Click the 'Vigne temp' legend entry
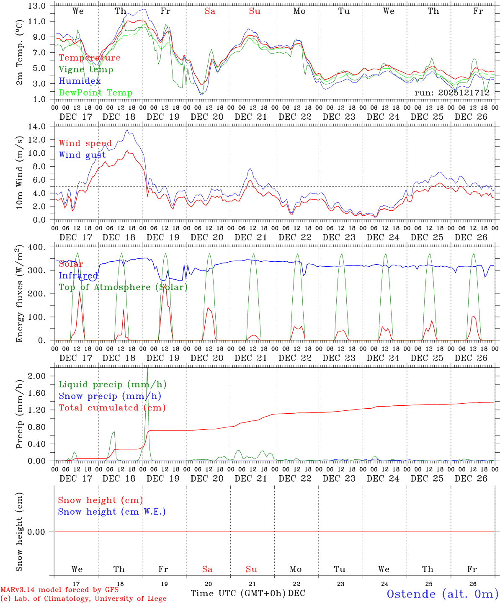click(x=86, y=70)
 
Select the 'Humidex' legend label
click(x=80, y=81)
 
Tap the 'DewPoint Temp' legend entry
click(x=95, y=93)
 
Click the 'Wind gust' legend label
click(x=82, y=155)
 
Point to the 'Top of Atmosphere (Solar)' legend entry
click(x=123, y=287)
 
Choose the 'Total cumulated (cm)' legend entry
click(x=112, y=408)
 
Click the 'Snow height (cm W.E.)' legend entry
click(x=112, y=512)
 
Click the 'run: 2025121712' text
click(x=452, y=93)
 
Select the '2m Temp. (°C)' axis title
click(x=19, y=52)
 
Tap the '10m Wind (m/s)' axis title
click(x=19, y=173)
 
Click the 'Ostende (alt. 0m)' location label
click(x=442, y=594)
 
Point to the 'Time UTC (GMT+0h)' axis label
click(x=238, y=593)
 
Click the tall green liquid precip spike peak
click(x=147, y=368)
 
